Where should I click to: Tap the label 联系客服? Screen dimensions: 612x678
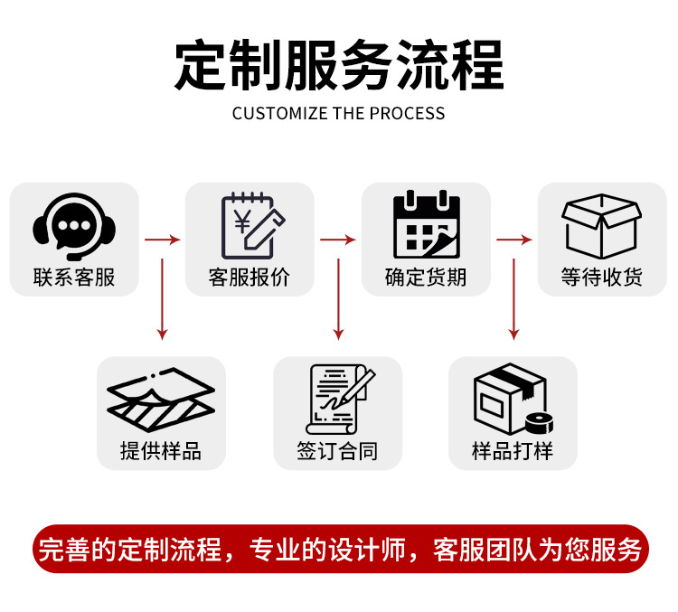74,278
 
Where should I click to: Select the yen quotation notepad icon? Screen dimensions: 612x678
251,224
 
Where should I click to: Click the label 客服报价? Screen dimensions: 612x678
250,278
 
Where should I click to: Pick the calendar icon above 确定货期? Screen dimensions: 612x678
426,224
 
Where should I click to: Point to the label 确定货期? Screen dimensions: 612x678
426,278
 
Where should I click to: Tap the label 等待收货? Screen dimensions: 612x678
601,278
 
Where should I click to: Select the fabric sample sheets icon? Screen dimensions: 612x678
161,399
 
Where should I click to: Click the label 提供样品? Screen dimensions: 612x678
161,451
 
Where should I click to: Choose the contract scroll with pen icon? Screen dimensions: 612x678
338,399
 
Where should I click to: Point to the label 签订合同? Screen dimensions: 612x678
337,451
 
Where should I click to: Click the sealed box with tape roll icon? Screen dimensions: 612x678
513,399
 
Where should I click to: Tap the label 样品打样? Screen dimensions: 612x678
513,451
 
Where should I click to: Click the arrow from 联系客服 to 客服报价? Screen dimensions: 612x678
162,240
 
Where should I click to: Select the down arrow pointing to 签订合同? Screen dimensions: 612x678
338,298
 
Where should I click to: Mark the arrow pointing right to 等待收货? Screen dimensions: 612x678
513,240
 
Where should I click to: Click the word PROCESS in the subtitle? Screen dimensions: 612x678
407,114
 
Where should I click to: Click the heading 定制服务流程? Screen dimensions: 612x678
338,65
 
